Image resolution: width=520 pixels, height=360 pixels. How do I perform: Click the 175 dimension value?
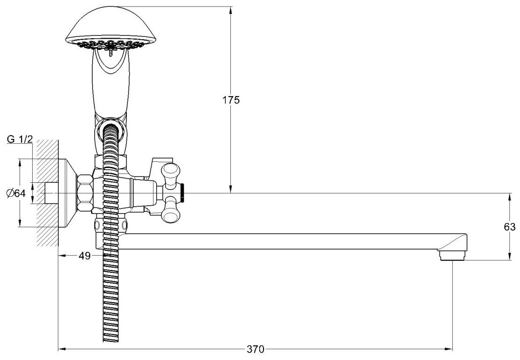click(x=231, y=100)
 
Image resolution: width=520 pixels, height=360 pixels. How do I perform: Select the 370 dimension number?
click(x=256, y=349)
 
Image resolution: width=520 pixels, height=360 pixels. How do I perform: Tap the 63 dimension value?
click(x=510, y=227)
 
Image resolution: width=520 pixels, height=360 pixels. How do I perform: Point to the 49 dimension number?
click(x=84, y=256)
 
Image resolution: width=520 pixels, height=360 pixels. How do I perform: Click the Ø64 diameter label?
click(x=16, y=193)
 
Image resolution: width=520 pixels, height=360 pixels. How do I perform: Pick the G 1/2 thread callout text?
click(x=20, y=139)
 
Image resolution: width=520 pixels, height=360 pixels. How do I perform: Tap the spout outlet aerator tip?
click(x=453, y=255)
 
